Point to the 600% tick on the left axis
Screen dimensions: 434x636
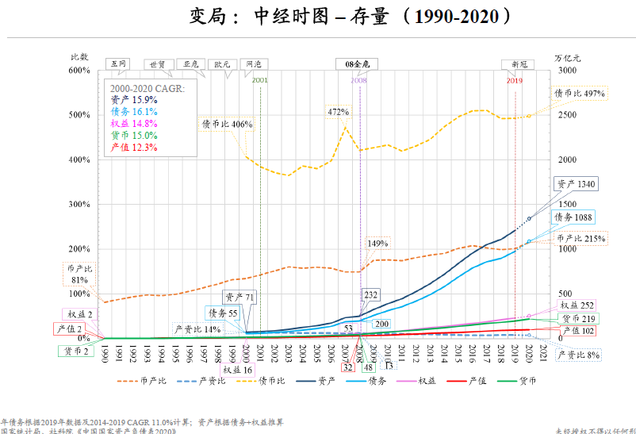tap(79, 71)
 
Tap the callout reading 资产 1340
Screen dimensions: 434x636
tap(574, 184)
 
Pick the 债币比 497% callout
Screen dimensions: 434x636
tap(580, 94)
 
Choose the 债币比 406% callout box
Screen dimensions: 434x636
tap(227, 125)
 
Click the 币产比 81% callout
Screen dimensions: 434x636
tap(79, 274)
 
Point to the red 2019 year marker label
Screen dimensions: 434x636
tap(514, 81)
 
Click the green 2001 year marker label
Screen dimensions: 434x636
tap(259, 80)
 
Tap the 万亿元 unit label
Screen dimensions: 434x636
tap(568, 58)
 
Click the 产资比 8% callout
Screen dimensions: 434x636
tap(579, 355)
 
